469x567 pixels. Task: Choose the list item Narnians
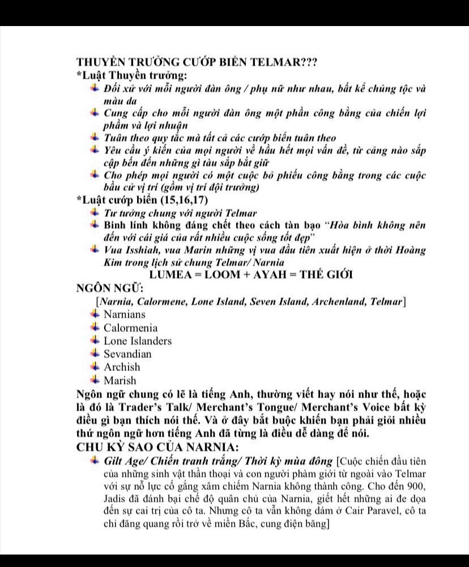pyautogui.click(x=125, y=314)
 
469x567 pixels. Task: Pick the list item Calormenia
pyautogui.click(x=131, y=328)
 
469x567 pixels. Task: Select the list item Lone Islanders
pyautogui.click(x=138, y=341)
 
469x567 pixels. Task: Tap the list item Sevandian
pyautogui.click(x=128, y=354)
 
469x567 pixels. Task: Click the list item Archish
pyautogui.click(x=122, y=367)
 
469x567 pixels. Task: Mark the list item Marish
pyautogui.click(x=120, y=381)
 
